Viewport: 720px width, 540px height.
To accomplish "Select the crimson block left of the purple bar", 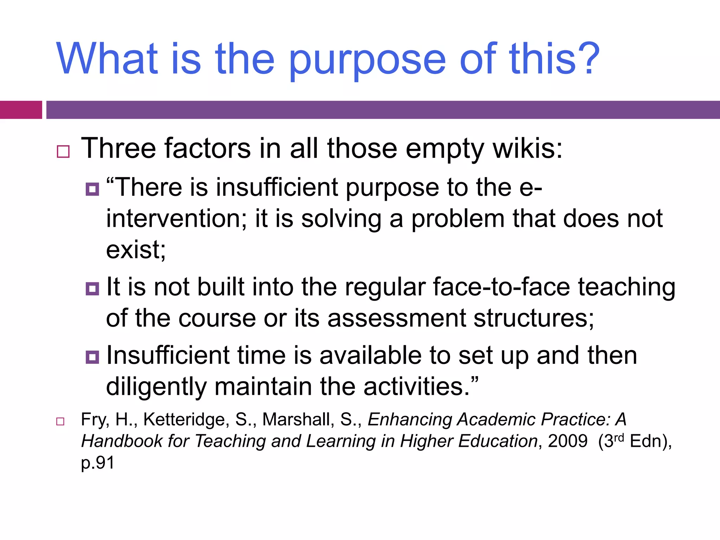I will (x=21, y=110).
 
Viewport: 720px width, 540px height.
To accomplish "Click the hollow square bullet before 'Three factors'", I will (x=63, y=152).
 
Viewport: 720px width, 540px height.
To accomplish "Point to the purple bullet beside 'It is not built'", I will (x=92, y=289).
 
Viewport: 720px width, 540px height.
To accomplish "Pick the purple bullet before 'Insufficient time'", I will (x=92, y=357).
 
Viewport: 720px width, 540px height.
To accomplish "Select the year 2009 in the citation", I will (x=567, y=441).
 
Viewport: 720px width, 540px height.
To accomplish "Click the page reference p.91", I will (x=98, y=463).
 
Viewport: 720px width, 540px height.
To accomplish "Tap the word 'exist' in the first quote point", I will (x=133, y=250).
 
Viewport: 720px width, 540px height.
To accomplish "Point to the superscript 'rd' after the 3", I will (x=619, y=437).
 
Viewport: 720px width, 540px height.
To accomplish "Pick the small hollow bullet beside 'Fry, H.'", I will (x=60, y=422).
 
